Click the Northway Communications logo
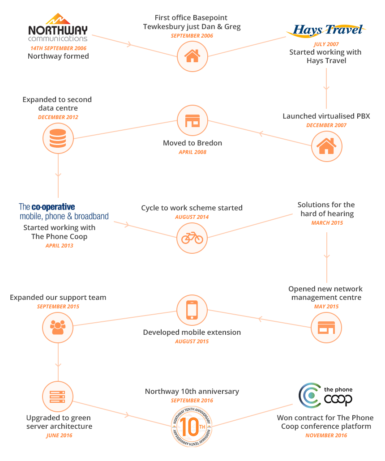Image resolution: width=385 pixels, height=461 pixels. (x=58, y=27)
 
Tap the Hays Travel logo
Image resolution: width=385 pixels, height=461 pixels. (x=326, y=30)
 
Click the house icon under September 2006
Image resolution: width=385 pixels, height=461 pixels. (x=192, y=56)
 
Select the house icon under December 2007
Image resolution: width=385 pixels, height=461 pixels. (x=326, y=146)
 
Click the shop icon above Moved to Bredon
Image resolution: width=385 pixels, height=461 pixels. (x=192, y=120)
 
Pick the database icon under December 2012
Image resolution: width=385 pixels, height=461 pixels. (x=58, y=138)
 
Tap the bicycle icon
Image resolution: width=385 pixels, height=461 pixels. (x=192, y=238)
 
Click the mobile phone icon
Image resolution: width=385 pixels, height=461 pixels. (x=192, y=310)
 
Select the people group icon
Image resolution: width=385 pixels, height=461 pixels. (x=58, y=327)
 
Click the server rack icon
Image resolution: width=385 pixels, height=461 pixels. (x=58, y=396)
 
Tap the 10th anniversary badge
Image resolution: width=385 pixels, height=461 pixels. (x=192, y=427)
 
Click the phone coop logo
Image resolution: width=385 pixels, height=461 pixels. (x=325, y=396)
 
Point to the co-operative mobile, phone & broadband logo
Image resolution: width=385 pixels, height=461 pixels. (x=64, y=211)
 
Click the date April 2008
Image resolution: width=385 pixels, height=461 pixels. (x=192, y=152)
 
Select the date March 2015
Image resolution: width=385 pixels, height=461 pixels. (x=327, y=223)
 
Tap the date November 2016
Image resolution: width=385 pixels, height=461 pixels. (x=326, y=435)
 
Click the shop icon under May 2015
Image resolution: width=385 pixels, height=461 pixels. (x=326, y=328)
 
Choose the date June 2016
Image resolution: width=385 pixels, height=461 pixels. (x=59, y=435)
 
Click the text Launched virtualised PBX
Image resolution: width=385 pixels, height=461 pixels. (x=326, y=116)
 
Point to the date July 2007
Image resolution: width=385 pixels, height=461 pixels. (x=326, y=44)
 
